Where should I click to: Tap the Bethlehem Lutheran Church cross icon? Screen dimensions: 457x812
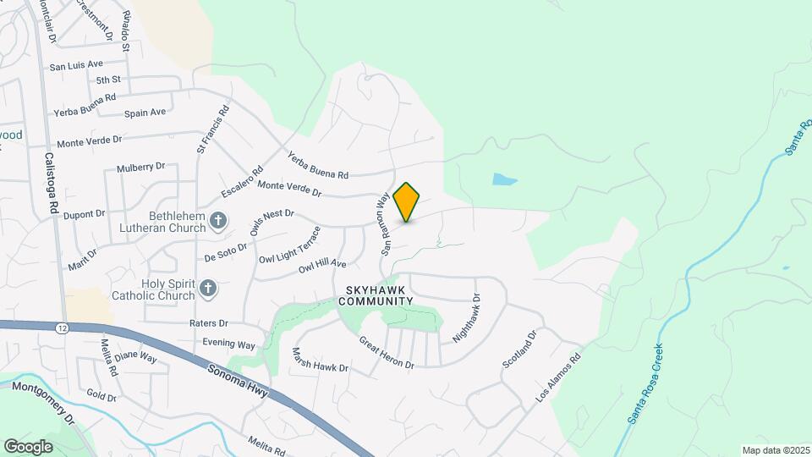tap(217, 222)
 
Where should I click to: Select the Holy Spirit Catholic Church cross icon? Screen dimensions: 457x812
tap(207, 290)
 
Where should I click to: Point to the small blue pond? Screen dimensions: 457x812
tap(504, 179)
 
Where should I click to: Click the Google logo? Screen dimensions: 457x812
tap(28, 446)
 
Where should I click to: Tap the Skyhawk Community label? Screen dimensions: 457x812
tap(378, 295)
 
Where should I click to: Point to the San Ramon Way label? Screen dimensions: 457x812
tap(383, 223)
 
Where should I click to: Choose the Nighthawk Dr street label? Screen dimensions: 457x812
tap(466, 319)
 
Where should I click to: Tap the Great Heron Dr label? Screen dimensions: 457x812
tap(386, 353)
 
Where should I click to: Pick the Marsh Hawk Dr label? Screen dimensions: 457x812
tap(320, 361)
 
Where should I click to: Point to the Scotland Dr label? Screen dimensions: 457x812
tap(520, 350)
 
